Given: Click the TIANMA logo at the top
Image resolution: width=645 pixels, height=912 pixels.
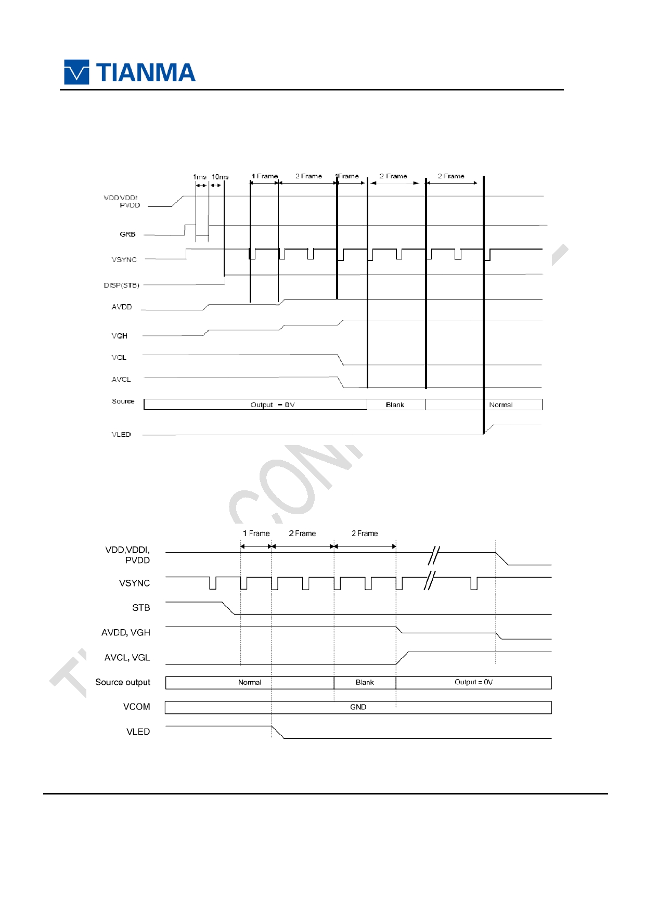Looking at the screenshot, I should pyautogui.click(x=130, y=72).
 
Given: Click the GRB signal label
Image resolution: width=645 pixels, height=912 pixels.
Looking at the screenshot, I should pyautogui.click(x=127, y=234).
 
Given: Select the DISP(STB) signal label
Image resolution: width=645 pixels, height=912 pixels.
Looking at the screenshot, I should pyautogui.click(x=121, y=285).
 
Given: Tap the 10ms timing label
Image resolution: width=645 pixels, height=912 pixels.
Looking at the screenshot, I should pyautogui.click(x=220, y=177).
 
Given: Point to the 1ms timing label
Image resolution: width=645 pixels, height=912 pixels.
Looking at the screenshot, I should pyautogui.click(x=199, y=177).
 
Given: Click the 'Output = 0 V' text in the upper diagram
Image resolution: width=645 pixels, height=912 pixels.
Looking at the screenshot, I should pyautogui.click(x=273, y=405).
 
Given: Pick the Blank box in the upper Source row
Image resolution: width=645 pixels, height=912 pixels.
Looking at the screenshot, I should pyautogui.click(x=395, y=405).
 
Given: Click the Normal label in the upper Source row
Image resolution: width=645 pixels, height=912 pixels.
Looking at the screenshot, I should pyautogui.click(x=501, y=405).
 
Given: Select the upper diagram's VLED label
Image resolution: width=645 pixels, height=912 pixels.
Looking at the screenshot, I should pyautogui.click(x=121, y=435).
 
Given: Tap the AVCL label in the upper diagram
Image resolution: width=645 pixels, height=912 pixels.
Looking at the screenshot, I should pyautogui.click(x=121, y=380).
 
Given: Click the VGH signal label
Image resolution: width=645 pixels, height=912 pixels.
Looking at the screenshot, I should pyautogui.click(x=120, y=336).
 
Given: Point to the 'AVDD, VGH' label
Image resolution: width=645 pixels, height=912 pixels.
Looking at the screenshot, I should pyautogui.click(x=126, y=633).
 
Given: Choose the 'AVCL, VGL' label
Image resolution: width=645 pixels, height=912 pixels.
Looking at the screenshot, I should pyautogui.click(x=127, y=658).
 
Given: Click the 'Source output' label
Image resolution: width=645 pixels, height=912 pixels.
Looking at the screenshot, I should pyautogui.click(x=123, y=682).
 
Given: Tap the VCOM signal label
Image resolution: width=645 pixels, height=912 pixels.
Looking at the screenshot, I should pyautogui.click(x=136, y=707).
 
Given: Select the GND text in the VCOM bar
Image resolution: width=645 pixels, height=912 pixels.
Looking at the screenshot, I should pyautogui.click(x=358, y=707).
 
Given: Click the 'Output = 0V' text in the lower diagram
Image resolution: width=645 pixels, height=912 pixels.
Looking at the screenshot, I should pyautogui.click(x=473, y=682).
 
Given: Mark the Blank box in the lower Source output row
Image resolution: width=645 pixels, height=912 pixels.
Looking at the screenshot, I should pyautogui.click(x=365, y=683).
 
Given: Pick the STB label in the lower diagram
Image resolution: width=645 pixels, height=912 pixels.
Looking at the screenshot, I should pyautogui.click(x=141, y=608).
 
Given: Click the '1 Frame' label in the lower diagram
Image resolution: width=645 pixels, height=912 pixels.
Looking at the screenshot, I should pyautogui.click(x=256, y=533).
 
